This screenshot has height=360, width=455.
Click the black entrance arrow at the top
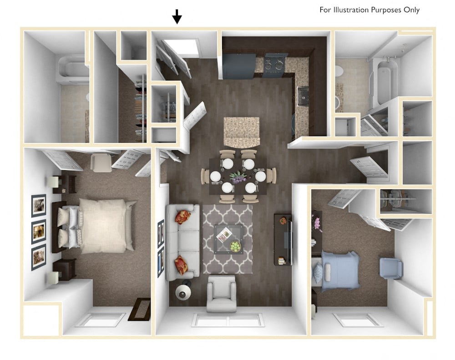pos(177,17)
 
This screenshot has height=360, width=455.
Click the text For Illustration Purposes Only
pos(369,10)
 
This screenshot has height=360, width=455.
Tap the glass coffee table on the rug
pos(227,238)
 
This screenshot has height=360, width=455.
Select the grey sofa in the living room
pos(182,241)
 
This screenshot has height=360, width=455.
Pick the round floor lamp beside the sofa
pos(184,292)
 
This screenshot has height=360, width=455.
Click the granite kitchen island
pos(241,132)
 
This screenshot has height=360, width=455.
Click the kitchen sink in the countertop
pos(303,96)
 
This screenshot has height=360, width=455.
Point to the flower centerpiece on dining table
pos(238,177)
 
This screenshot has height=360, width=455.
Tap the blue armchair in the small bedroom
pos(391,268)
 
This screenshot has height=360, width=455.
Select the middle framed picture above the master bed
pos(39,232)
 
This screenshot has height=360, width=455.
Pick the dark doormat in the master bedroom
pos(139,309)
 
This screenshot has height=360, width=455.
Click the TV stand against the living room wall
pos(283,239)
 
